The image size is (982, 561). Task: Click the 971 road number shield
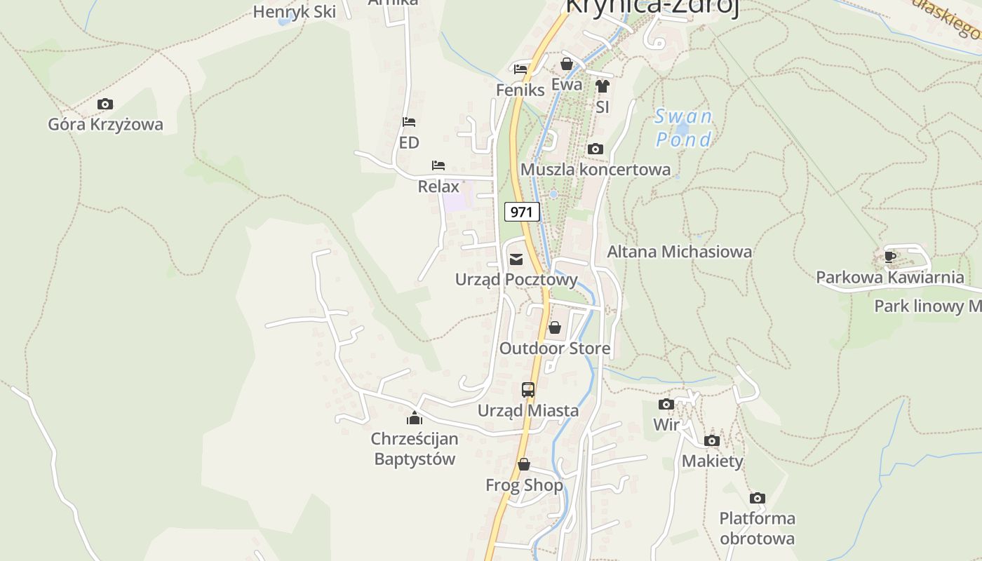coord(522,212)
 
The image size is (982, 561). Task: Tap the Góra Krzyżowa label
coord(105,125)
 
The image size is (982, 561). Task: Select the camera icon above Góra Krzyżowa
coord(105,104)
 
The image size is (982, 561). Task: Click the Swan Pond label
coord(683,128)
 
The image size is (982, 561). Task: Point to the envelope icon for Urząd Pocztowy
coord(516,260)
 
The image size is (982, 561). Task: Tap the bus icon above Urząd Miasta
coord(528,390)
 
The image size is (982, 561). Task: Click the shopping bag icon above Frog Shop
coord(524,464)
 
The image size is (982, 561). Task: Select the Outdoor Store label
coord(554,349)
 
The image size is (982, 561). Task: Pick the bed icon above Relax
coord(438,165)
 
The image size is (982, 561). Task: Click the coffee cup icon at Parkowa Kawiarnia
coord(890,257)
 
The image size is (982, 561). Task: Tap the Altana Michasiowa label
coord(679,252)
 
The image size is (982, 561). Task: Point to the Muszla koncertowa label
coord(595,170)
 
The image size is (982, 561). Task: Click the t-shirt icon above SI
coord(602,86)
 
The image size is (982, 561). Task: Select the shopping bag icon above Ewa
coord(567,64)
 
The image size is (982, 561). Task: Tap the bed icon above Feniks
coord(520,69)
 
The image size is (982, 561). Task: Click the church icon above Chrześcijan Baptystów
coord(415,419)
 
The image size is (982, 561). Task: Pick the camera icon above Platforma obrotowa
coord(757,499)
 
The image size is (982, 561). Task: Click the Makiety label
coord(712,461)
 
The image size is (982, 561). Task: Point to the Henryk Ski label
coord(294,12)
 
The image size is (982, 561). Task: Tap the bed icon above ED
coord(409,122)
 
